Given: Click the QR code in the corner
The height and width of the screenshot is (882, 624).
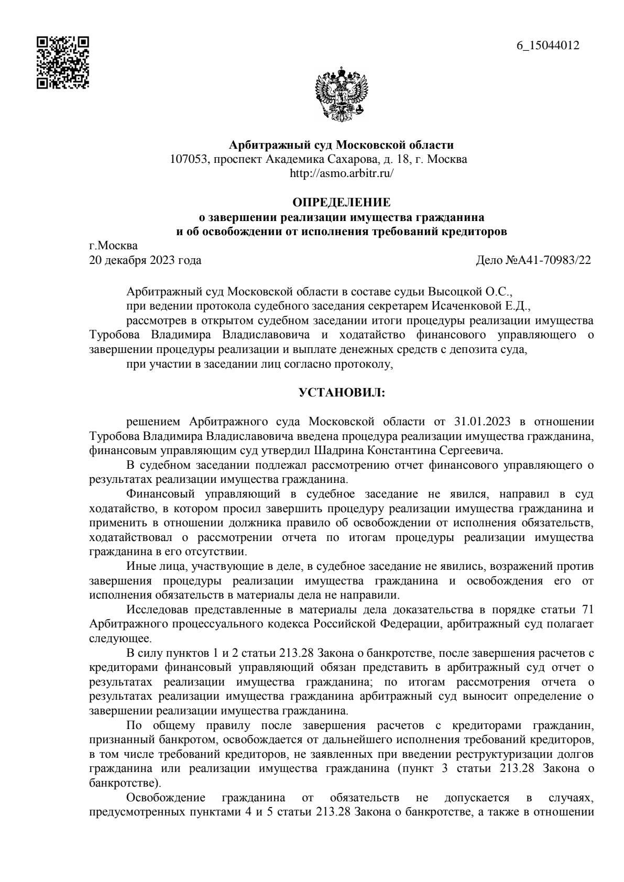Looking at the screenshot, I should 62,62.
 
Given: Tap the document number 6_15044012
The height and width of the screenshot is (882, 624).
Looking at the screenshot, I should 548,46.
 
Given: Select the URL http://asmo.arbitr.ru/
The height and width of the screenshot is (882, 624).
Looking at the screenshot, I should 341,173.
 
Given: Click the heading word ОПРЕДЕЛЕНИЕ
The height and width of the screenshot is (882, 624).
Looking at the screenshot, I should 341,202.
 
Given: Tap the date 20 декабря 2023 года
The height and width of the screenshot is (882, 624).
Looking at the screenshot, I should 145,260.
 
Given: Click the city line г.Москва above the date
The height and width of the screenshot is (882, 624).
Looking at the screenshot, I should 114,246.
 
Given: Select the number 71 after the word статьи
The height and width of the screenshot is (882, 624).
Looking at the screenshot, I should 587,610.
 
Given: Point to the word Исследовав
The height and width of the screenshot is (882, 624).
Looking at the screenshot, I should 158,610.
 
